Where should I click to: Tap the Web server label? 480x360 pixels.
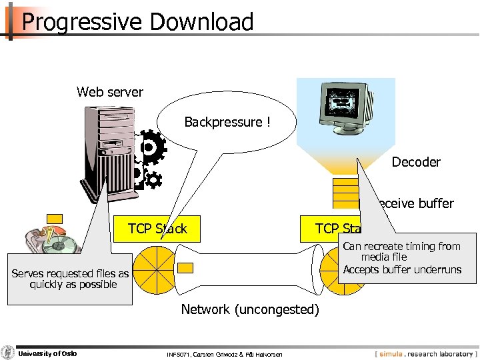[x=109, y=92]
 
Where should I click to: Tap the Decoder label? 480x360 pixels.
[x=416, y=162]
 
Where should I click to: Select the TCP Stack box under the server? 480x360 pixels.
[x=157, y=229]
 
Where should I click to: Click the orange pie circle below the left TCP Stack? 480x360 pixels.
[x=154, y=269]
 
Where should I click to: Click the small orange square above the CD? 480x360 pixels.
[x=55, y=218]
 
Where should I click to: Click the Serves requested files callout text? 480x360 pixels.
[x=70, y=279]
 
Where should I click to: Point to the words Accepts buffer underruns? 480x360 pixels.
[x=402, y=270]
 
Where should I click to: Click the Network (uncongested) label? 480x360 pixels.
[x=250, y=309]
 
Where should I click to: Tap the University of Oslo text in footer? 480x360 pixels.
[x=47, y=353]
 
